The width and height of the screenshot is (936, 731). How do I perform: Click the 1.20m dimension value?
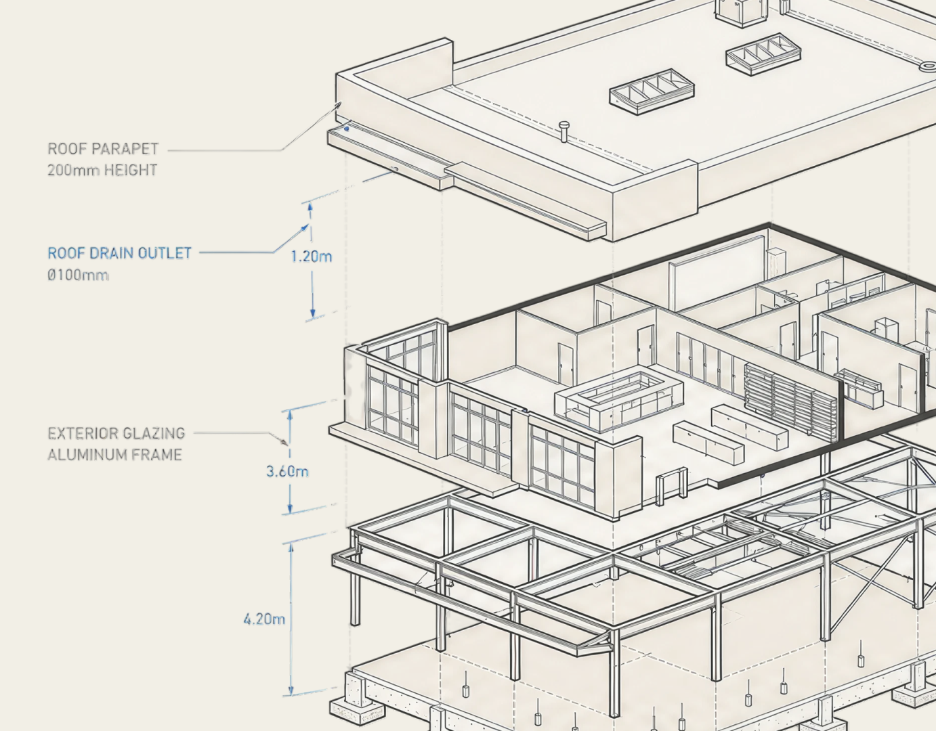pyautogui.click(x=312, y=257)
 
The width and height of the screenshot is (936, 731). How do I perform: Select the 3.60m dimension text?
pyautogui.click(x=287, y=472)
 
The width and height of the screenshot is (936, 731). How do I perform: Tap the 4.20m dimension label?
pyautogui.click(x=264, y=619)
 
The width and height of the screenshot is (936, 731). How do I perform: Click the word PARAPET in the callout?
pyautogui.click(x=125, y=149)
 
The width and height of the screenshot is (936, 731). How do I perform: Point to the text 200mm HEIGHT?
pyautogui.click(x=102, y=171)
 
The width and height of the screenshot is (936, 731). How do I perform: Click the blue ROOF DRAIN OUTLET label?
pyautogui.click(x=119, y=253)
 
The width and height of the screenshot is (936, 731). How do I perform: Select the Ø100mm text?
pyautogui.click(x=78, y=275)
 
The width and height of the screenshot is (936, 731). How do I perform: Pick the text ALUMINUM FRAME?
pyautogui.click(x=114, y=455)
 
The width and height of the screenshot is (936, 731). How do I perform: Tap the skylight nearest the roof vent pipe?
pyautogui.click(x=652, y=91)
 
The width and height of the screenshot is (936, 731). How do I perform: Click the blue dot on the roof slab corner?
pyautogui.click(x=347, y=128)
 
